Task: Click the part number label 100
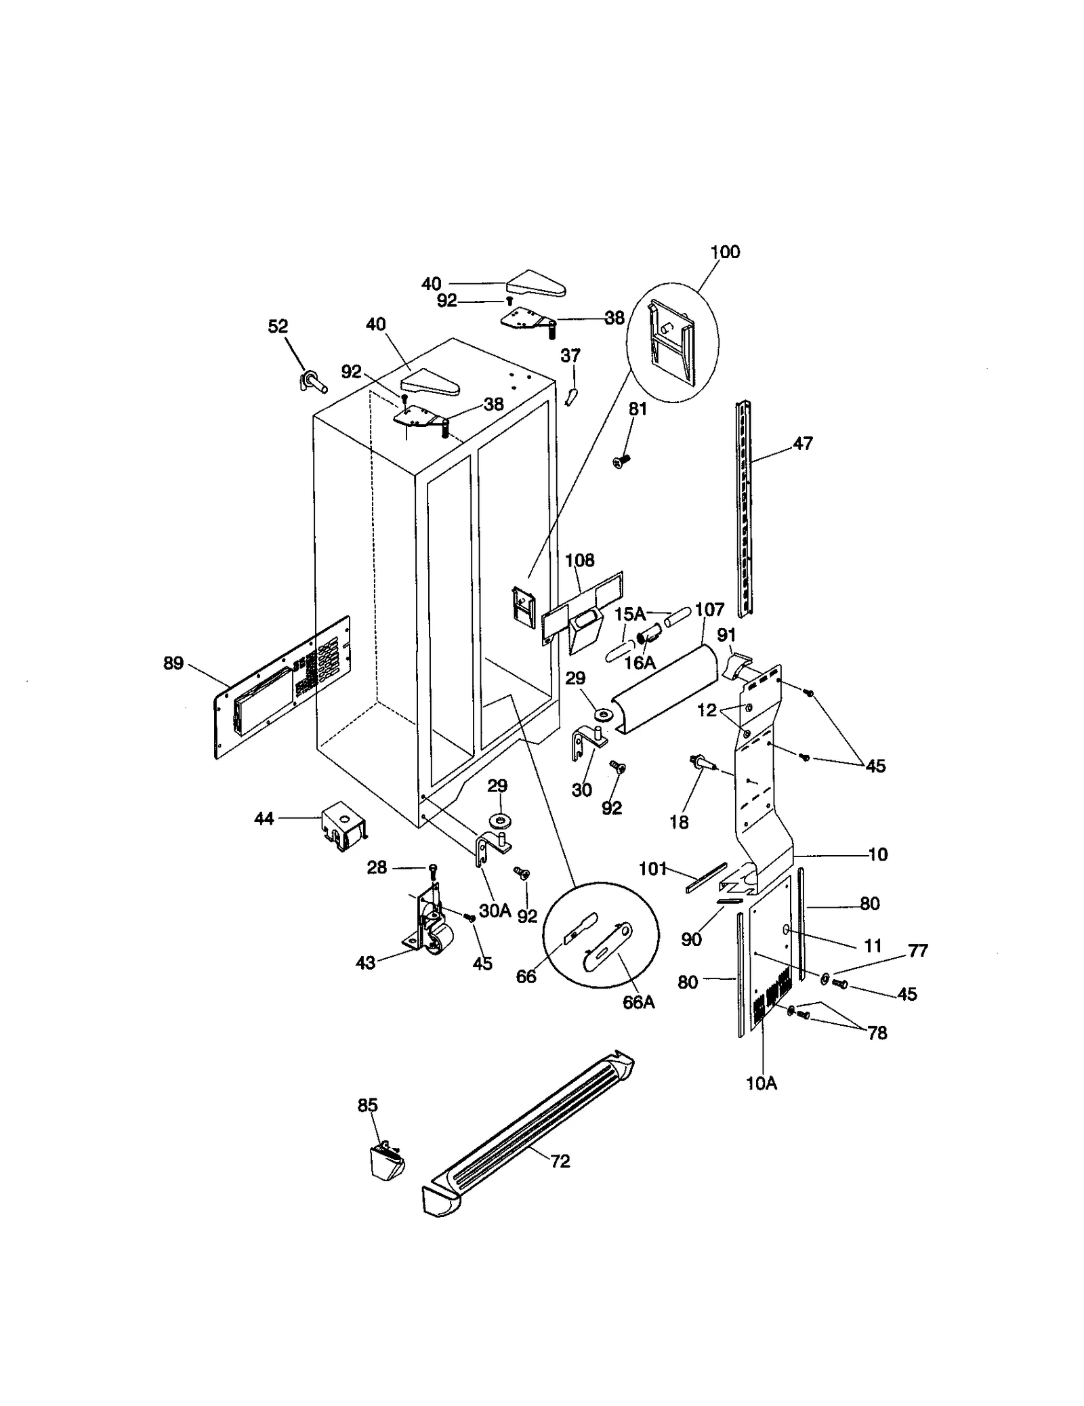(724, 252)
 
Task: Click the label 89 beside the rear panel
(173, 663)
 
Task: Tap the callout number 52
(278, 327)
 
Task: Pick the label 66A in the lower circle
(638, 1002)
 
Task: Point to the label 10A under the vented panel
(762, 1083)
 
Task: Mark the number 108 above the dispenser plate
(579, 560)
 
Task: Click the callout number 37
(570, 356)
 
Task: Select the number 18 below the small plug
(679, 822)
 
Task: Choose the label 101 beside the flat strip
(653, 869)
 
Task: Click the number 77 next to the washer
(917, 951)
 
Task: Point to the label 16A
(640, 663)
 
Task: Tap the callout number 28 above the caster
(377, 867)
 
